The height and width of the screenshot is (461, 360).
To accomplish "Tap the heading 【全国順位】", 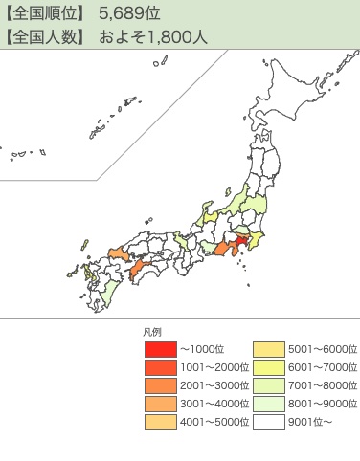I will click(45, 14).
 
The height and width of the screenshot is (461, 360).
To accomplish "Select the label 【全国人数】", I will click(45, 38).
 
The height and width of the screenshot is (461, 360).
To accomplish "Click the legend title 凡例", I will click(151, 332).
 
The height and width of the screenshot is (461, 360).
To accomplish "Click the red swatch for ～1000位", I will click(161, 349).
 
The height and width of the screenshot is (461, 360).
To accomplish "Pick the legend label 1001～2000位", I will click(214, 367).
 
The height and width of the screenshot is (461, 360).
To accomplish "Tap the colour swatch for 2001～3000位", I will click(161, 385).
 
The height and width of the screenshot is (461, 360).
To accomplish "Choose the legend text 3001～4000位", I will click(214, 404).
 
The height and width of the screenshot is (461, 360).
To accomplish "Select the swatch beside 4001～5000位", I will click(161, 422).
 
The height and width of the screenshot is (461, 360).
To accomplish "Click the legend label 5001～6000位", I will click(322, 349).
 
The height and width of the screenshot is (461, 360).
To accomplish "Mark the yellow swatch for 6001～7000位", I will click(269, 367).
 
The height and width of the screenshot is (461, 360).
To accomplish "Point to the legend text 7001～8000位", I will click(322, 385).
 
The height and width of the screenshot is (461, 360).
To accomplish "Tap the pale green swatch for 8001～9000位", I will click(269, 404).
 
